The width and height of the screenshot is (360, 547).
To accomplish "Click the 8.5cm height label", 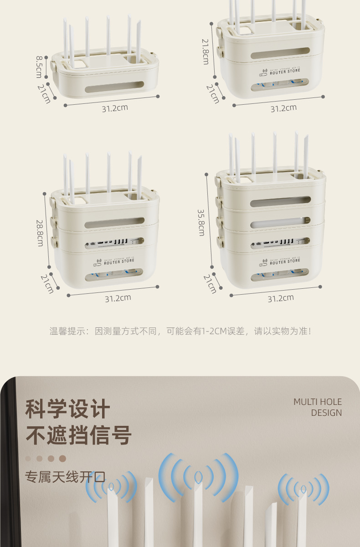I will tap(39, 67).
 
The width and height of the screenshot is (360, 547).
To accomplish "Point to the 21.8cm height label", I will tap(206, 51).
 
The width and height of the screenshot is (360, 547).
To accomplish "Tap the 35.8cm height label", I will tap(201, 222).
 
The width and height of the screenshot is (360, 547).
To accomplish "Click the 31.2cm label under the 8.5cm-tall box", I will tap(114, 108).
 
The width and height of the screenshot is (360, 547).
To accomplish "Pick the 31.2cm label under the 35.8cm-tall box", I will tap(280, 298).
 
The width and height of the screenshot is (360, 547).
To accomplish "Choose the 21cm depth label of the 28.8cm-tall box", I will tap(47, 283).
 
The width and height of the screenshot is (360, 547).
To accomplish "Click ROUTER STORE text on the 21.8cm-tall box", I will tap(285, 72).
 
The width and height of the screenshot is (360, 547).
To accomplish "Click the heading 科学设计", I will tap(67, 409).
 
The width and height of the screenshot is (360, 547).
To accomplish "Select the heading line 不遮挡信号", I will tap(78, 435).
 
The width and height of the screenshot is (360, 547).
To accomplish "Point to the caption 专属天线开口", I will tap(65, 477).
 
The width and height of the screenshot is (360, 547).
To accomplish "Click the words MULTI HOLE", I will tap(317, 402).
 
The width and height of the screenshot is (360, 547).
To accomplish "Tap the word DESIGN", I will tap(326, 413).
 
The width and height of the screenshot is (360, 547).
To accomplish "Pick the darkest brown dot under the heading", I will tap(63, 459).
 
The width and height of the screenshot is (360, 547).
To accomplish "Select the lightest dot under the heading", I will tap(28, 459).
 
